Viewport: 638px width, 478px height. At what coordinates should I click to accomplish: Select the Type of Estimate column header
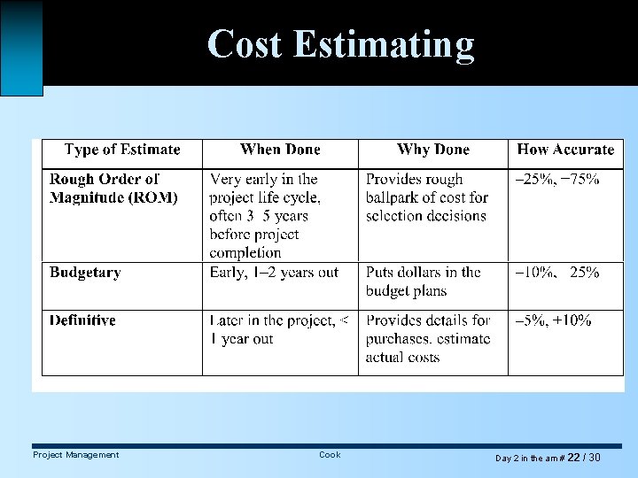[x=122, y=150]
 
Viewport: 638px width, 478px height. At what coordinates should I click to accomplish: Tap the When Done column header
[x=280, y=150]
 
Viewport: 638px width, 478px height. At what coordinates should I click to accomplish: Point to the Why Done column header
[x=433, y=150]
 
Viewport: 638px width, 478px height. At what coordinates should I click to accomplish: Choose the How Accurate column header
[x=565, y=150]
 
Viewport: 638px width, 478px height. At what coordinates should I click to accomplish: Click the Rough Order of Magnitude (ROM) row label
[x=113, y=189]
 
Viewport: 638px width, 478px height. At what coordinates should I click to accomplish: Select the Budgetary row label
[x=85, y=273]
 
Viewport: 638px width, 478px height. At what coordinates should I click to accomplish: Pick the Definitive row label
[x=82, y=320]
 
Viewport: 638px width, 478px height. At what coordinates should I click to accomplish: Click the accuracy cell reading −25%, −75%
[x=557, y=180]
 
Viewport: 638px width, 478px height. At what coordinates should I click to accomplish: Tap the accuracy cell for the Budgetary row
[x=557, y=273]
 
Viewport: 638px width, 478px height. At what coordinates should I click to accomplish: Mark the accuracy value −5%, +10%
[x=554, y=320]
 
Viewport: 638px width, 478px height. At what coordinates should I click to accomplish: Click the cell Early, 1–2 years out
[x=274, y=273]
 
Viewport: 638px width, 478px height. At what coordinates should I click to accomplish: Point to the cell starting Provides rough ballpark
[x=427, y=197]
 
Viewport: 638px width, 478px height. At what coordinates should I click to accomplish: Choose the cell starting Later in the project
[x=278, y=329]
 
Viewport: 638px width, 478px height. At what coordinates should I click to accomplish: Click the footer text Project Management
[x=75, y=455]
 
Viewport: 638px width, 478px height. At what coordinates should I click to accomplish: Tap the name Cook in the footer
[x=330, y=455]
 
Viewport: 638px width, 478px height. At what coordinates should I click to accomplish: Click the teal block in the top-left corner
[x=21, y=46]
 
